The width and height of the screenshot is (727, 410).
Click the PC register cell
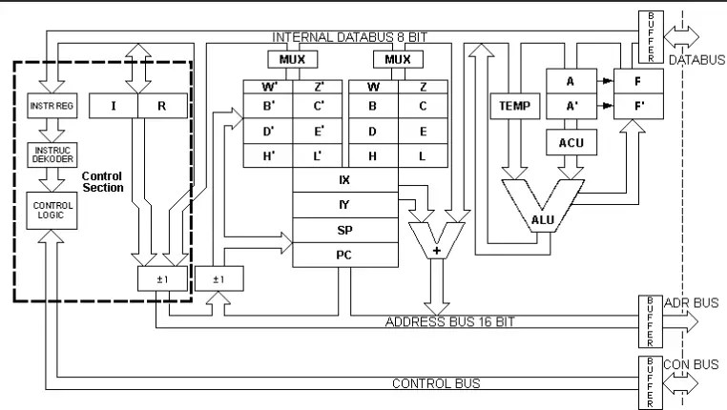tap(344, 255)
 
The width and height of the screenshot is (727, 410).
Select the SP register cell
tap(344, 230)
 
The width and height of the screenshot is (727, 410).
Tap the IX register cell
tap(344, 179)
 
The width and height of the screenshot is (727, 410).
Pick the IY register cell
tap(344, 204)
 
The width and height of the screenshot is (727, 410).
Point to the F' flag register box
tap(636, 106)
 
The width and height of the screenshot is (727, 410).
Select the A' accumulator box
tap(570, 106)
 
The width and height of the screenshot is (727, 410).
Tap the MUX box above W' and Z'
tap(292, 59)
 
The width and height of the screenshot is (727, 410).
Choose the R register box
tap(162, 105)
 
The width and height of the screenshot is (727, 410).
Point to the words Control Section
tap(103, 182)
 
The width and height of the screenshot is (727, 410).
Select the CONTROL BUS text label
tap(436, 383)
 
